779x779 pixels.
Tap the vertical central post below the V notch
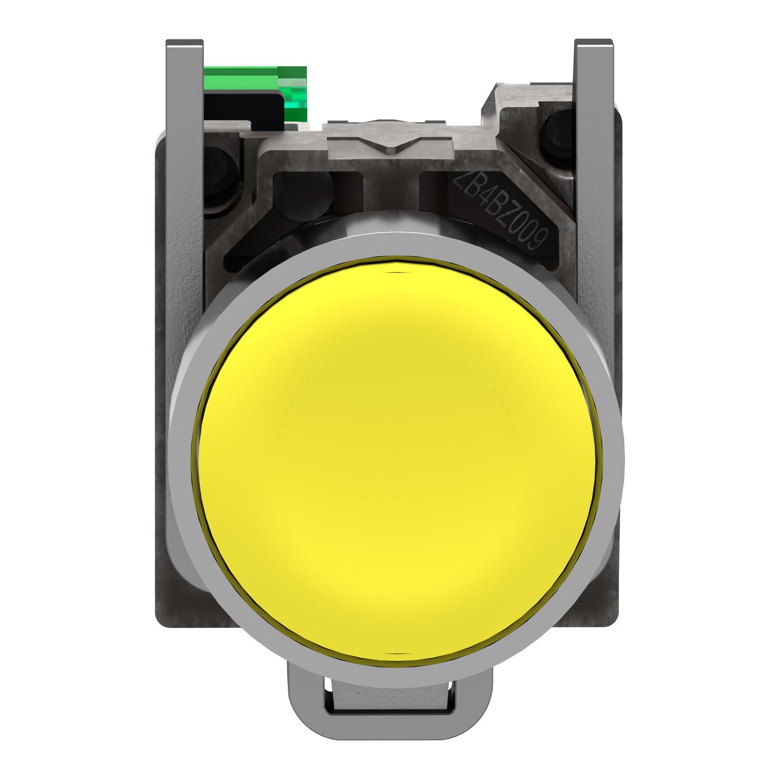pyautogui.click(x=393, y=192)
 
